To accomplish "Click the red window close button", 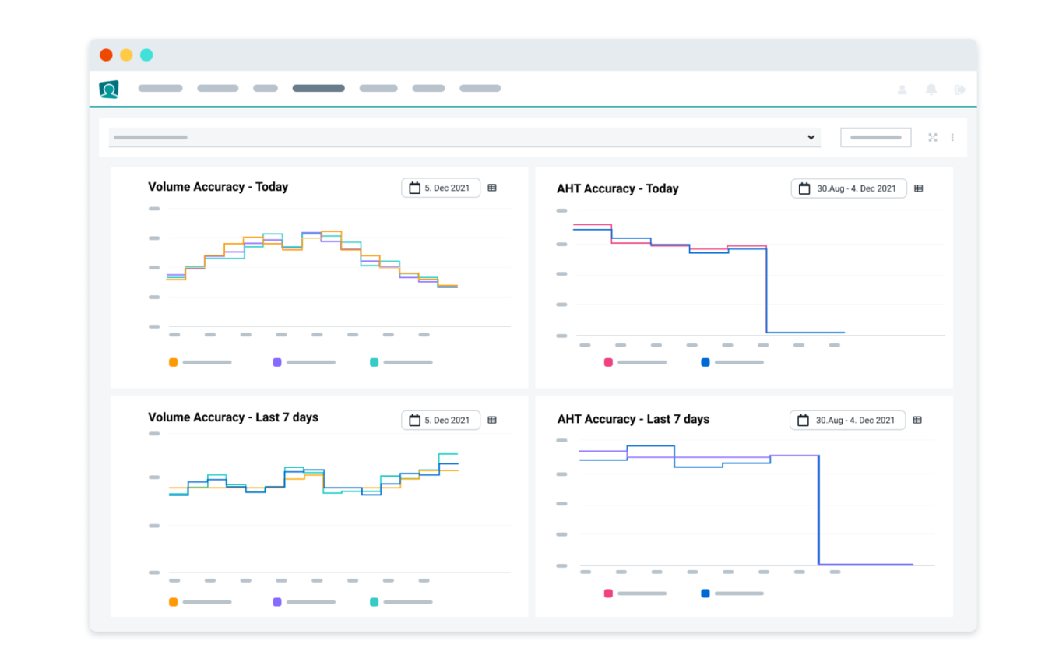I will [x=106, y=55].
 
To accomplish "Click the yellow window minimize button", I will [x=126, y=55].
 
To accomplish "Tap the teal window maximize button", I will [x=146, y=55].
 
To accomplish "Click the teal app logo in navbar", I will [x=109, y=89].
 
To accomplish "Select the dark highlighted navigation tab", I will [x=318, y=89].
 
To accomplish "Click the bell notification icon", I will [x=931, y=90].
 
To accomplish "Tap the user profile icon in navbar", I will [x=902, y=90].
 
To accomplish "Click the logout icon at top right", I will [x=959, y=90].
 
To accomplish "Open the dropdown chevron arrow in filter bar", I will [x=811, y=138].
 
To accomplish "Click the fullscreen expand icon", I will [x=933, y=138].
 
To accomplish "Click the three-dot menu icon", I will [x=952, y=138].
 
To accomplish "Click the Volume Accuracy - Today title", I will [x=218, y=187].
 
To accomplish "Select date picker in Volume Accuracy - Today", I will [x=441, y=188].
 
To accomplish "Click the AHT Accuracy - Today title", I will [x=617, y=188].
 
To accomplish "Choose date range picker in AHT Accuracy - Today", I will [x=848, y=188].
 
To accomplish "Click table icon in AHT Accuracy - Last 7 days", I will [x=917, y=420].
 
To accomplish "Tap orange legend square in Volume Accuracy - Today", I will [x=174, y=362].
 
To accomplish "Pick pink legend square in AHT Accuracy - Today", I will [x=608, y=362].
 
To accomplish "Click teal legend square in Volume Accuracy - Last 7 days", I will [x=375, y=602].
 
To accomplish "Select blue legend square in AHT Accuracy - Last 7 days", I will [x=705, y=593].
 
